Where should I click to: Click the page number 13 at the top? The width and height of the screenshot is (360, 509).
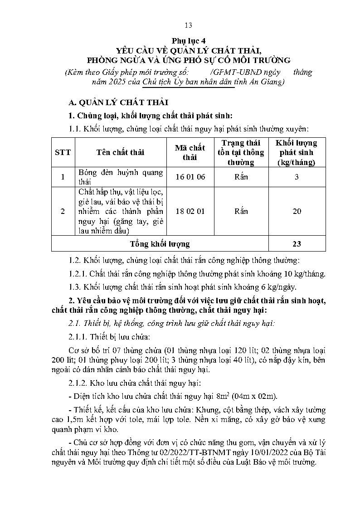point(189,25)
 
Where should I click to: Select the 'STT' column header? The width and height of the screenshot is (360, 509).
point(63,152)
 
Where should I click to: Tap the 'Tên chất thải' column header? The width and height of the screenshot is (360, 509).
point(120,152)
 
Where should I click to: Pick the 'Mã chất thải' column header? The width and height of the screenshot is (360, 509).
point(190,152)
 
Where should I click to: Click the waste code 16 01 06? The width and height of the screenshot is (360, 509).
point(190,177)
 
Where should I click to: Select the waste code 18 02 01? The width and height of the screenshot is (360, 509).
point(190,211)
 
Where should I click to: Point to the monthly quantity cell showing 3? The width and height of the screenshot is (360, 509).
point(297,177)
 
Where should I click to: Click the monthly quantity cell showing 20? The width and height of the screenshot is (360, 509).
point(297,211)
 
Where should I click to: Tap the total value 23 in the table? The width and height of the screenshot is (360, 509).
point(297,244)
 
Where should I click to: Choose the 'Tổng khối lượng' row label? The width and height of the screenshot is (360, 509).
point(160,244)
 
